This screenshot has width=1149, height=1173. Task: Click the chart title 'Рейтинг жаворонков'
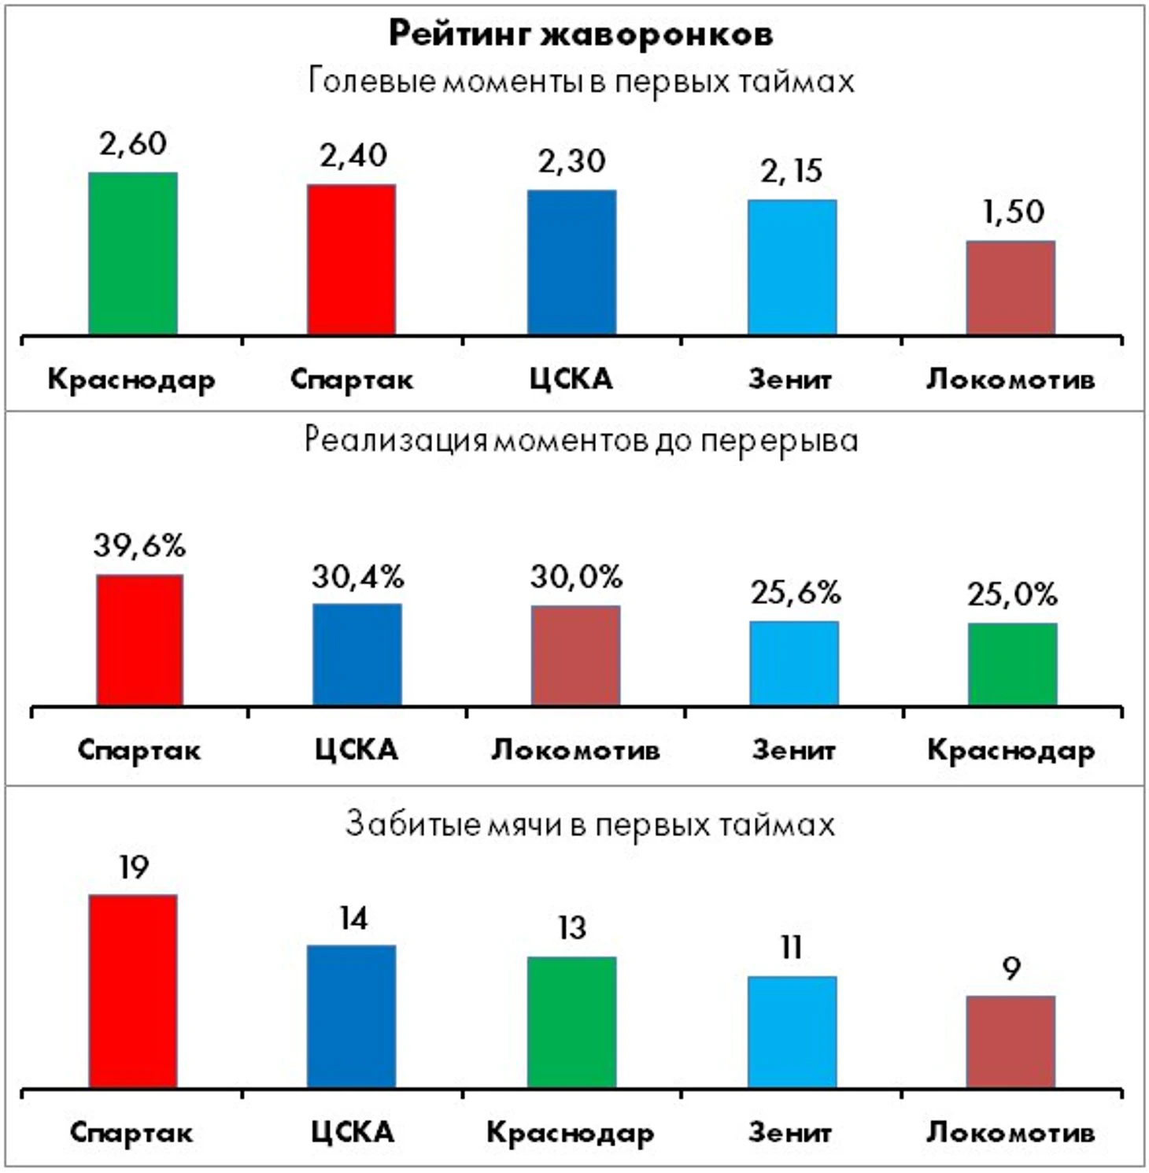coord(581,34)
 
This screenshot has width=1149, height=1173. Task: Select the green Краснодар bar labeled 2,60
coord(133,253)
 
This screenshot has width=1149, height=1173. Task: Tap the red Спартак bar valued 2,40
coord(352,260)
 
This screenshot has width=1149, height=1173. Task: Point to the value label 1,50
coord(1013,211)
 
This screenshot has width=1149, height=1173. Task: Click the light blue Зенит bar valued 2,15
coord(792,268)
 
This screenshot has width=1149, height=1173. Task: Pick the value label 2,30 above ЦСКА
coord(571,161)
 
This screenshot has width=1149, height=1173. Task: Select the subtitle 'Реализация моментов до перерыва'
coord(581,440)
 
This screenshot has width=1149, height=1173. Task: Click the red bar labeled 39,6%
coord(140,640)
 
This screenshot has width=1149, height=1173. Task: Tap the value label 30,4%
coord(357,577)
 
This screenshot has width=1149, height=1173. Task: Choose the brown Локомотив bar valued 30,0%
coord(575,656)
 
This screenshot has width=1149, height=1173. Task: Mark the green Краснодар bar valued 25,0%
coord(1013,664)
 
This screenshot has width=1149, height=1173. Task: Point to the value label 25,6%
coord(795,593)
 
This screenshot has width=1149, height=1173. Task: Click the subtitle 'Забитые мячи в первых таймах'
coord(589,824)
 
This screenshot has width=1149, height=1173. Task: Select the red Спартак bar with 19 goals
coord(133,992)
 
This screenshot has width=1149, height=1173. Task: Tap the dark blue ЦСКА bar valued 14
coord(352,1017)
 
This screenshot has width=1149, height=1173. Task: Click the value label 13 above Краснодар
coord(572,928)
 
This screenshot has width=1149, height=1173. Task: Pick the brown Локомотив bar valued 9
coord(1011,1042)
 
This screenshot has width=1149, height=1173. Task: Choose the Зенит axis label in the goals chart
coord(790,1132)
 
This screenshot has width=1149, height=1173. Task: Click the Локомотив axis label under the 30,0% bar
coord(575,749)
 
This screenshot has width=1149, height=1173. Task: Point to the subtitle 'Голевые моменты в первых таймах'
coord(581,81)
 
